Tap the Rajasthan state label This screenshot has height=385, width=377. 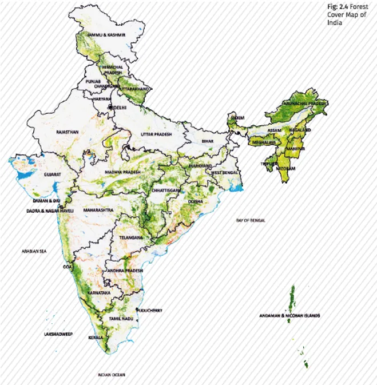click(x=68, y=132)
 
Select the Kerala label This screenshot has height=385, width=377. click(x=96, y=338)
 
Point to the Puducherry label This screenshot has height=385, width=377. click(x=150, y=311)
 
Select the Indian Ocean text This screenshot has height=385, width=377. click(x=112, y=375)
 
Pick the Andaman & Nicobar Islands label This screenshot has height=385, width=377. click(x=289, y=315)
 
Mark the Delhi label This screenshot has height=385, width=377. click(x=120, y=107)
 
